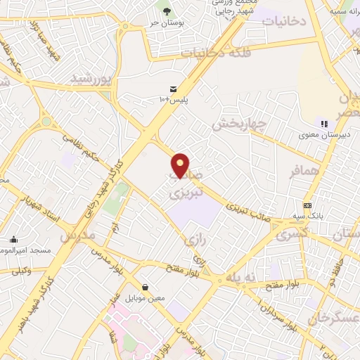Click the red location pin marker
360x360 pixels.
point(180,165)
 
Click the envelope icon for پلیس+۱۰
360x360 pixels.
point(172,89)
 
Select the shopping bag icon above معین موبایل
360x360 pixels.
point(145,287)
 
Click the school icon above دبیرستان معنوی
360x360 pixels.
point(323,124)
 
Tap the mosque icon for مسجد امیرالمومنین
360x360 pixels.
point(13,240)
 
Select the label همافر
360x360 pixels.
point(304,171)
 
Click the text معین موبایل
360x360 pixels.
point(145,298)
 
